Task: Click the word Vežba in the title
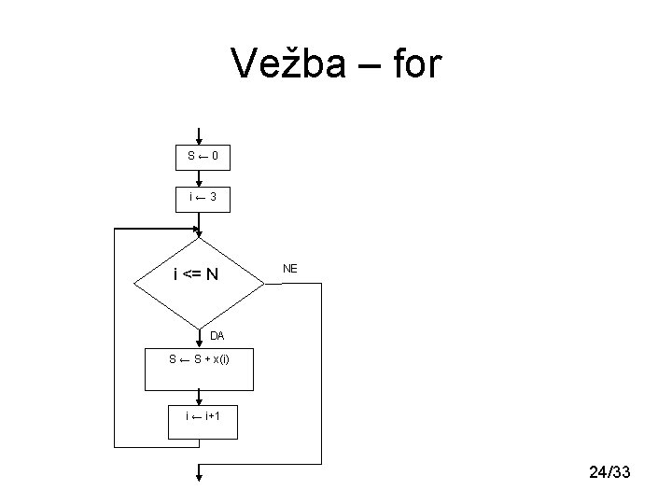tap(288, 63)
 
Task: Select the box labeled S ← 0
tap(203, 158)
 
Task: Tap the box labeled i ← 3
tap(203, 200)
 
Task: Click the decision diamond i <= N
tap(200, 284)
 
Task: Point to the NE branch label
tap(290, 269)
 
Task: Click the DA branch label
tap(217, 336)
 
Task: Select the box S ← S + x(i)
tap(200, 370)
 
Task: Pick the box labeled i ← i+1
tap(203, 422)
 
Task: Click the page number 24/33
tap(609, 472)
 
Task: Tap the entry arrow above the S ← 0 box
tap(199, 136)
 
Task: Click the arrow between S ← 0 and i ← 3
tap(199, 178)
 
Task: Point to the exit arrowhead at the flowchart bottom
tap(199, 477)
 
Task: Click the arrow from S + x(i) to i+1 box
tap(199, 398)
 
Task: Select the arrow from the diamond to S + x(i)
tap(199, 339)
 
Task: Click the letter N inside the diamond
tap(212, 274)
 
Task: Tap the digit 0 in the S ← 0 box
tap(216, 156)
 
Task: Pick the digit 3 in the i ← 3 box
tap(213, 197)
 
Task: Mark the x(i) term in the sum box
tap(221, 359)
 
